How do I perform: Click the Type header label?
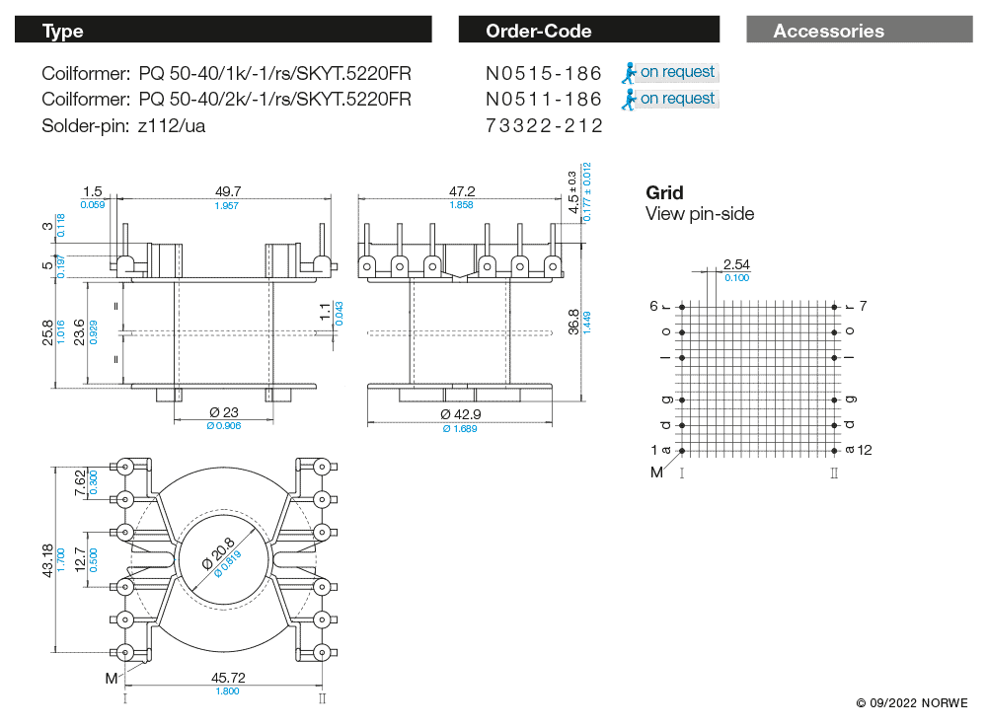[63, 31]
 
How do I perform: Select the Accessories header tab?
[828, 31]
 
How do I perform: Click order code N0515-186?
[544, 73]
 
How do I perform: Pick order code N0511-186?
[544, 99]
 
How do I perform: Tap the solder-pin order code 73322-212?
[544, 125]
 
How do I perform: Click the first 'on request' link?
[677, 72]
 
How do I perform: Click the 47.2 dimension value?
[462, 191]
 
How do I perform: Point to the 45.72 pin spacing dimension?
[228, 678]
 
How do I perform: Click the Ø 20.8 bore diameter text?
[218, 555]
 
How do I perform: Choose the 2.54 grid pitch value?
[737, 264]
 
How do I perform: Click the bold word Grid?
[664, 192]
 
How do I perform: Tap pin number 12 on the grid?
[866, 450]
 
